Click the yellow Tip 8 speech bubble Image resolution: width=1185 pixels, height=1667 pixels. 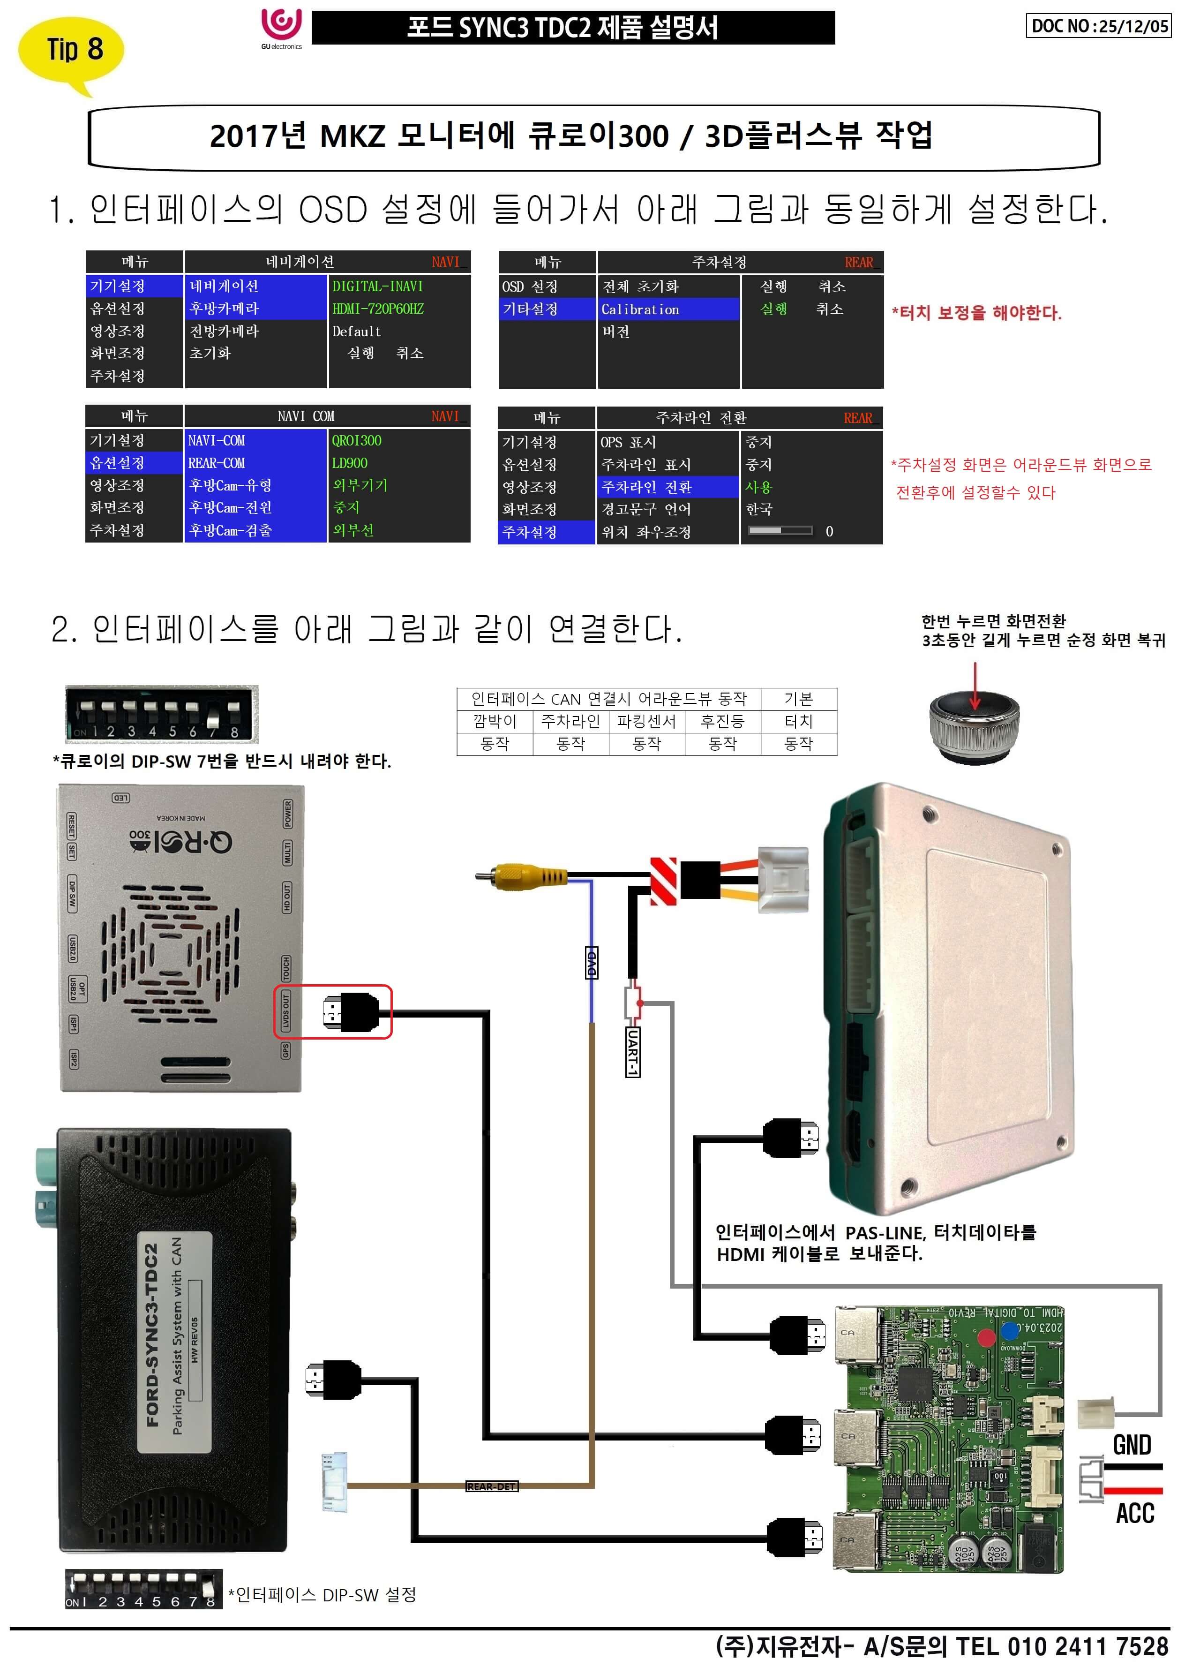(71, 51)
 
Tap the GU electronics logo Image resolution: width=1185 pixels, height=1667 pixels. (281, 28)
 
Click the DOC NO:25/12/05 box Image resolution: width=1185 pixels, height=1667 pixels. (1098, 26)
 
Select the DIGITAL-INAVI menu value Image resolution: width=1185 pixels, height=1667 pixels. (377, 286)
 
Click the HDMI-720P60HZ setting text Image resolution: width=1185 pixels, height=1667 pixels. (378, 309)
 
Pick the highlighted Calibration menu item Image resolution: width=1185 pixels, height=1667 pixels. (640, 309)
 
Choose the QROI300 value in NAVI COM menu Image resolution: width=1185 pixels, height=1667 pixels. (356, 440)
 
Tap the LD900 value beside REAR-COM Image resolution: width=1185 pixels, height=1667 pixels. (350, 463)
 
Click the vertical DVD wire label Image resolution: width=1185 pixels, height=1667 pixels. (592, 964)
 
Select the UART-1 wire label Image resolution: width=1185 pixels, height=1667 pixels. (633, 1051)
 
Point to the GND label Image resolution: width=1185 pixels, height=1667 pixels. (1132, 1444)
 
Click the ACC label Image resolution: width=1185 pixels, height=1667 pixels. (1135, 1513)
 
